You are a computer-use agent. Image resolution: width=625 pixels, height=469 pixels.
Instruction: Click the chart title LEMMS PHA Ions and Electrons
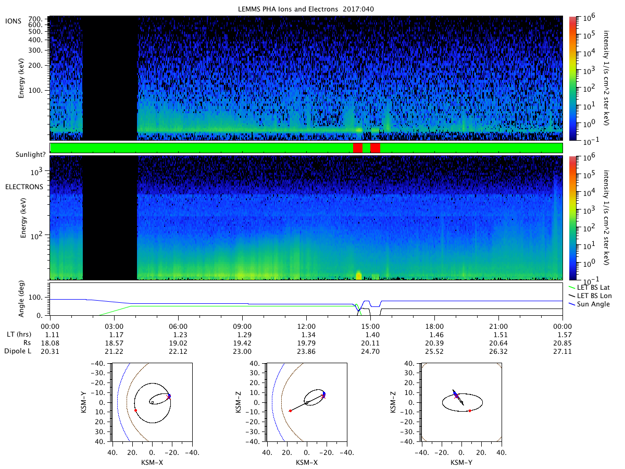287,9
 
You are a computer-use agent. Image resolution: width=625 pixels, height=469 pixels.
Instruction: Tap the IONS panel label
13,21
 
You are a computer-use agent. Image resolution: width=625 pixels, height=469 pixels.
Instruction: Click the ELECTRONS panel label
24,187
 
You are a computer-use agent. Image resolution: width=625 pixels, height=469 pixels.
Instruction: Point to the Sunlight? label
30,155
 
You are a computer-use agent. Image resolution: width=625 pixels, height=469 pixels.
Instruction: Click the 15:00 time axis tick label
370,326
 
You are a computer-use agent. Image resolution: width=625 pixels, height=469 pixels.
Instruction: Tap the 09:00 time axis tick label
242,326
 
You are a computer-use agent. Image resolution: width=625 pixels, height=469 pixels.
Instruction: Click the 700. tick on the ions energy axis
35,19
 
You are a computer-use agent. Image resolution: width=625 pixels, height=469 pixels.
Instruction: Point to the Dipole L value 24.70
370,351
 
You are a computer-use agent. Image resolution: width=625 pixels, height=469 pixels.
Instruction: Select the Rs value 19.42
242,343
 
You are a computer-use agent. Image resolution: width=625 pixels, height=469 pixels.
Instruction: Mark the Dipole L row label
18,351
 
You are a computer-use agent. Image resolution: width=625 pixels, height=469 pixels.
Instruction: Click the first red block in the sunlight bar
358,148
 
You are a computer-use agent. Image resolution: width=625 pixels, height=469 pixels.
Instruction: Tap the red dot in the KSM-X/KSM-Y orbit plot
135,410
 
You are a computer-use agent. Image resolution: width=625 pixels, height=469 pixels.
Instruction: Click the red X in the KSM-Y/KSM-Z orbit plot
456,396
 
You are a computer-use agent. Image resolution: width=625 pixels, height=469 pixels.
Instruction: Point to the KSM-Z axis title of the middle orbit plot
239,402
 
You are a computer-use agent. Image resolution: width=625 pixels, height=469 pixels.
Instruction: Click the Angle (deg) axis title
21,299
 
